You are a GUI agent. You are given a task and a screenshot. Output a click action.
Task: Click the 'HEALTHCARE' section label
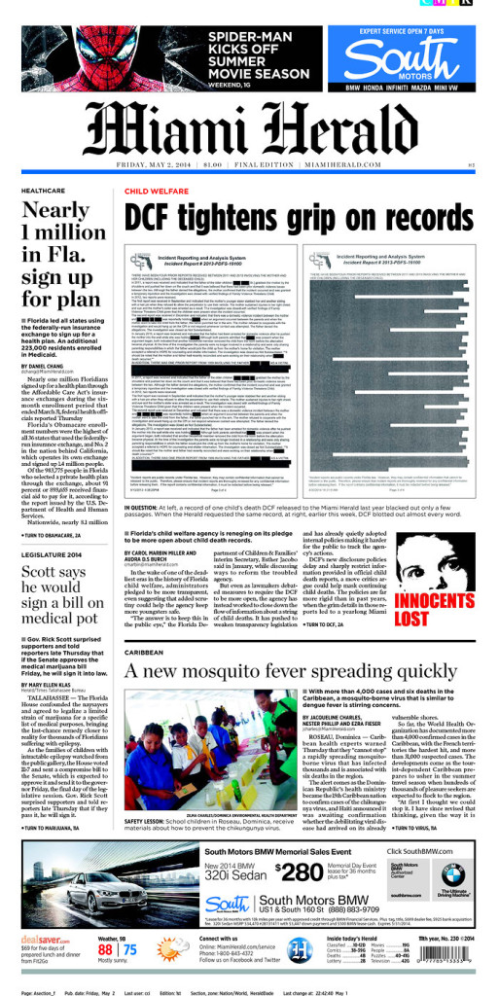point(43,191)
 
